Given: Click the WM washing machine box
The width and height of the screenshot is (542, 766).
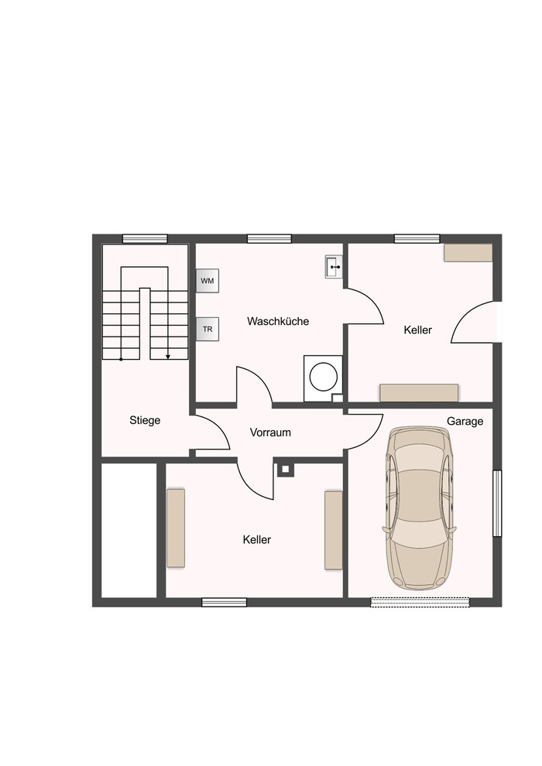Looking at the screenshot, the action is point(208,281).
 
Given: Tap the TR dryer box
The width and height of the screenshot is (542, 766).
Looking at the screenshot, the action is point(208,330).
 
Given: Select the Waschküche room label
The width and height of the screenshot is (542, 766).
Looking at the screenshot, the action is point(278,321).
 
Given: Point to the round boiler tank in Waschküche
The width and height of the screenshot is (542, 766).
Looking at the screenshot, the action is point(324,377).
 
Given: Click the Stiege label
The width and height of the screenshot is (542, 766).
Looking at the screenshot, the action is point(145,420).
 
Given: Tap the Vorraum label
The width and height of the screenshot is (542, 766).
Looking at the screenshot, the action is point(270,433).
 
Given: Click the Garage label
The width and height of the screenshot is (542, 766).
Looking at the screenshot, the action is point(465,421).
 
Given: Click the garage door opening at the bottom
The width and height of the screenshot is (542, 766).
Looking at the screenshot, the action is point(420,602).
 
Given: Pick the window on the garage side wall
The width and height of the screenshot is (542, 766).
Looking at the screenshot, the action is point(497,503).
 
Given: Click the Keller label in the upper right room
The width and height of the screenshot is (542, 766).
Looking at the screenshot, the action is point(418,330).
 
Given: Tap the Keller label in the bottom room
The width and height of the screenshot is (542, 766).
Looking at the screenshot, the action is point(256,539).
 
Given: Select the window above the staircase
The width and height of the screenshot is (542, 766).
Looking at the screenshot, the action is point(145,239).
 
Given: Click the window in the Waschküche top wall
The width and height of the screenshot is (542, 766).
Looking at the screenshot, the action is point(269,239).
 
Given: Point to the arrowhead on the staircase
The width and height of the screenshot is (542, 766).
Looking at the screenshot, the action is point(168,357).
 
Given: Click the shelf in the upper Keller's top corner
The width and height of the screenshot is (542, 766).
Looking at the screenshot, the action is point(468,253).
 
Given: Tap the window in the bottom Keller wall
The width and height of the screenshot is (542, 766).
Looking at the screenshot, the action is point(225,602).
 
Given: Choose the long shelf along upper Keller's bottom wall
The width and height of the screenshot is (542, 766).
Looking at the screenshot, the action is point(420,393).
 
